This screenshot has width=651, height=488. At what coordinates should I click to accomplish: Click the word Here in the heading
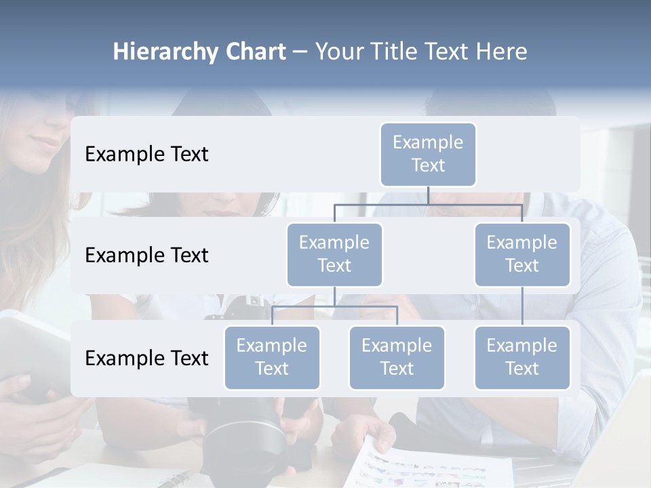503,52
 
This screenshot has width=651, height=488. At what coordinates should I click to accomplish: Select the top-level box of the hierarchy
428,154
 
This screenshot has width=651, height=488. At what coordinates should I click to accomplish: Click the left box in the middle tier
334,254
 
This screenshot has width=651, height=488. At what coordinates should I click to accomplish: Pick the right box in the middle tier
522,254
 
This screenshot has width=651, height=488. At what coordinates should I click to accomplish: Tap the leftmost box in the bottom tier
272,357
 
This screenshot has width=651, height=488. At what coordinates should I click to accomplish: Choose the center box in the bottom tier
397,357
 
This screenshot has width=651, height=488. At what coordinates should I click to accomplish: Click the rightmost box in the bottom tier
522,357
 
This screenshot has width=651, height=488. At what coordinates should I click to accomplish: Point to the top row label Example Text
146,155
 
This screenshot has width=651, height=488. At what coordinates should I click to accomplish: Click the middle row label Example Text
146,256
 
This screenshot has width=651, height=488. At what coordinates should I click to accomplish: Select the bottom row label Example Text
146,359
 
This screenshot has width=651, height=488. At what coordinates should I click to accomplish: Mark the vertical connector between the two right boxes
522,306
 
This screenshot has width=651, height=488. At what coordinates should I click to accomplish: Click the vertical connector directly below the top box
428,195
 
